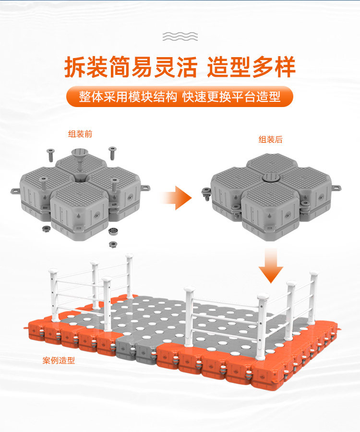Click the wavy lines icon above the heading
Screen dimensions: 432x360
click(x=180, y=36)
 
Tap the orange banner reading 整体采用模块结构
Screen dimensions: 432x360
click(x=180, y=96)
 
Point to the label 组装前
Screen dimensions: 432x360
click(x=80, y=134)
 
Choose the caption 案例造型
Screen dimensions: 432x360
click(x=59, y=360)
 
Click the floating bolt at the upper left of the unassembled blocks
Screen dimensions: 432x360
click(x=51, y=155)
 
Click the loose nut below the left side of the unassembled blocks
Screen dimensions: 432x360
click(x=47, y=228)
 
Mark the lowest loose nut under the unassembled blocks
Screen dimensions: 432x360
click(x=113, y=244)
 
